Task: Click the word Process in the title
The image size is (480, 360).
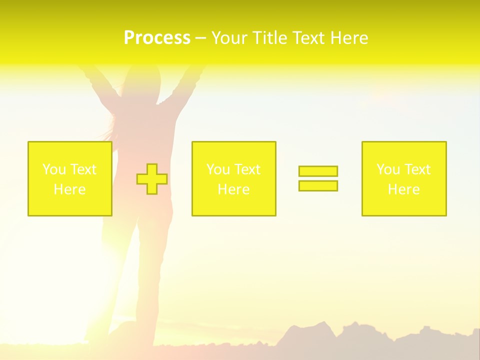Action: (157, 38)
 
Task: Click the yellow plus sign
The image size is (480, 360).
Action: (152, 179)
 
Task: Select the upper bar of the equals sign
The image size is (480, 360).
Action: (318, 171)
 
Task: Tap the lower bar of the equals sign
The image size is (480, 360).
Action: (318, 185)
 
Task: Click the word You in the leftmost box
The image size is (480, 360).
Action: (53, 169)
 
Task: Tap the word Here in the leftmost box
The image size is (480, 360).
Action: (69, 189)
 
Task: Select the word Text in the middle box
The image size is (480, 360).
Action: (247, 169)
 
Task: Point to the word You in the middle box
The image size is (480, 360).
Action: (217, 169)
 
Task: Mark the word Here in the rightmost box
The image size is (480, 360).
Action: (403, 189)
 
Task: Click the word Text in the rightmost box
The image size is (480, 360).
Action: (417, 169)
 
